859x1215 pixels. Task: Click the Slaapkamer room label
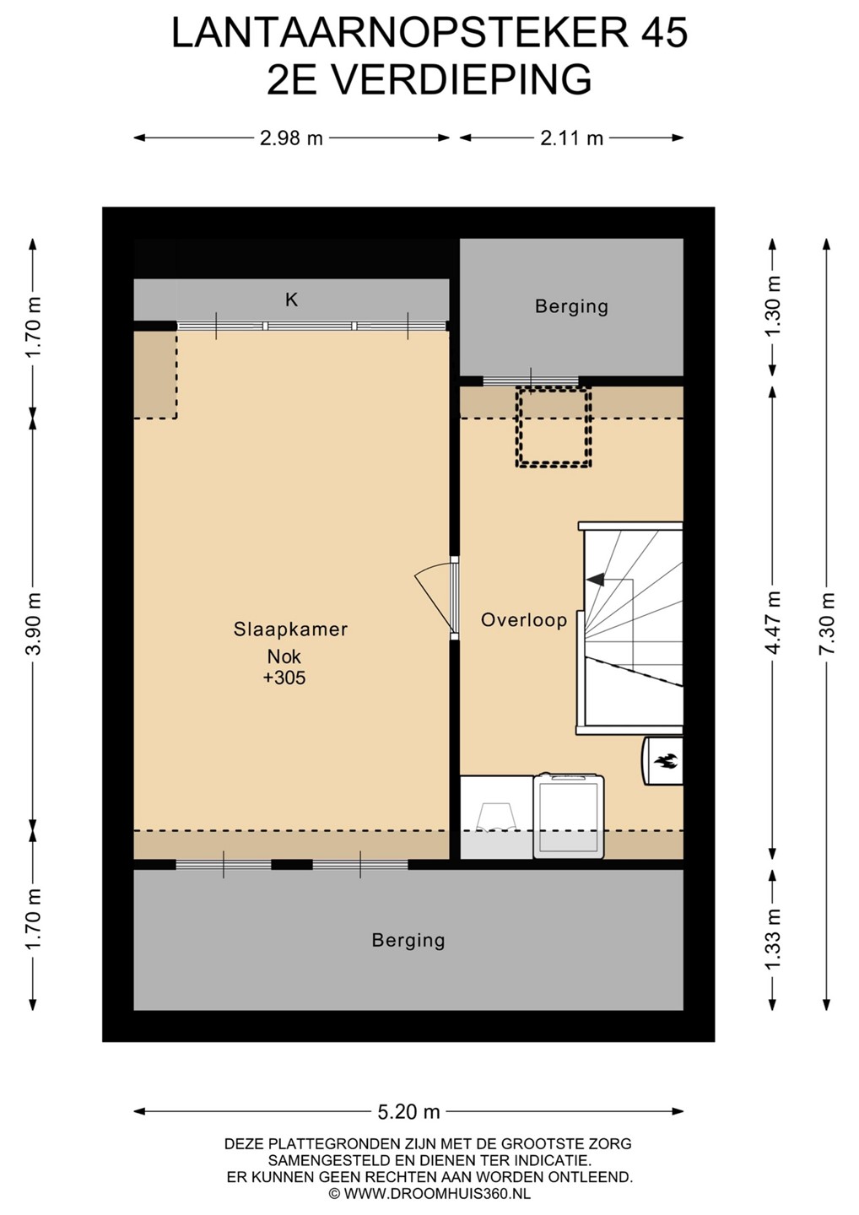tap(290, 629)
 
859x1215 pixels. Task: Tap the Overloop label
tap(524, 620)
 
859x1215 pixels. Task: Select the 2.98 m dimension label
tap(291, 138)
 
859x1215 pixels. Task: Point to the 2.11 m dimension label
tap(571, 138)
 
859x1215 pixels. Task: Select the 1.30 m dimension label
tap(773, 306)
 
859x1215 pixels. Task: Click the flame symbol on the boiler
tap(663, 761)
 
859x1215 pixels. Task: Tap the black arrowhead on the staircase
tap(596, 580)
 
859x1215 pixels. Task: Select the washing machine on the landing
tap(569, 817)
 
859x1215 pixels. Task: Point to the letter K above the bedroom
tap(292, 300)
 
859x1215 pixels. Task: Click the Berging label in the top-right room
tap(571, 306)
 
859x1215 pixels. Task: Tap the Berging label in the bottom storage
tap(408, 940)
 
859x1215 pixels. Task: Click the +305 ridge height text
tap(284, 678)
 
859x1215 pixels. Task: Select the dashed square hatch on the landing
tap(554, 427)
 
